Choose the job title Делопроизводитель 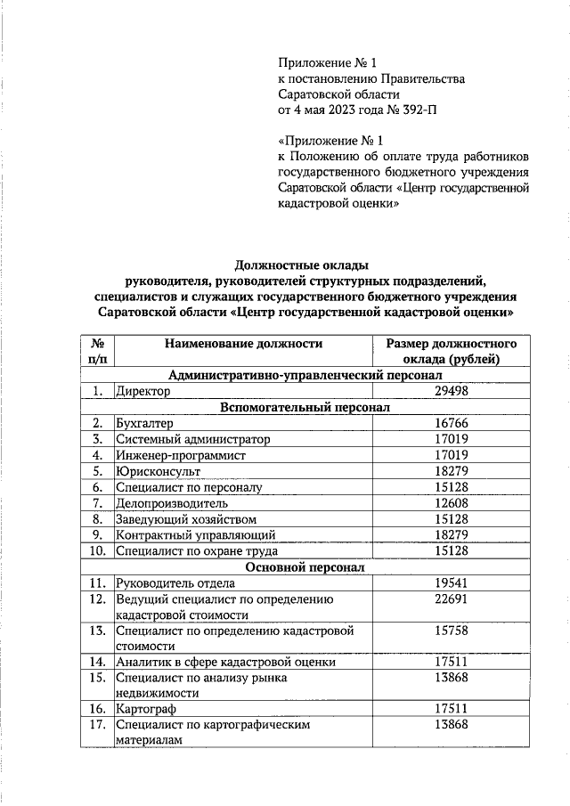pos(173,503)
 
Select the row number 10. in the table pos(98,551)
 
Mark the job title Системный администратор pos(192,439)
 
